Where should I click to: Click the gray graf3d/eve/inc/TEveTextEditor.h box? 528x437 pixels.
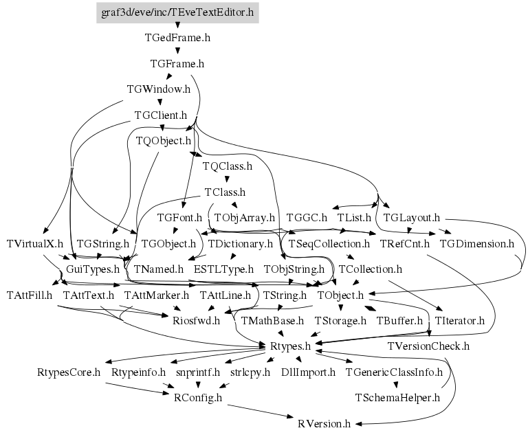coord(177,13)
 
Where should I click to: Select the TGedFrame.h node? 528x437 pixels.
coord(177,37)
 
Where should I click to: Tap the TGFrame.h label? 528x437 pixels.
coord(177,64)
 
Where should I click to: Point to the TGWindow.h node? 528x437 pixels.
coord(159,89)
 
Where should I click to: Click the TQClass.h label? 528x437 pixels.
coord(228,166)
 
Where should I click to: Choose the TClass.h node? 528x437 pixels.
coord(225,192)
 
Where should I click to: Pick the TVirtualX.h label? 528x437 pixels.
coord(34,244)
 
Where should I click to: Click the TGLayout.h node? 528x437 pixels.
coord(412,218)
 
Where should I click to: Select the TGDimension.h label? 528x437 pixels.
coord(477,244)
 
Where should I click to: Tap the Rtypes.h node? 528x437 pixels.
coord(290,346)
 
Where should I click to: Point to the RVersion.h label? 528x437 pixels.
coord(324,423)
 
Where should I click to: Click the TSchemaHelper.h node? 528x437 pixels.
coord(397,398)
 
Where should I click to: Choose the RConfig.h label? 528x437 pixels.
coord(198,398)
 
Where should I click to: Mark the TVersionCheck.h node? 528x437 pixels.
coord(428,346)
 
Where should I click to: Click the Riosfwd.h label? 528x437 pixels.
coord(197,320)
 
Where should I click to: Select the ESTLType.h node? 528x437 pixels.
coord(223,269)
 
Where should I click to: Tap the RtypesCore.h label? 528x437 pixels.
coord(69,372)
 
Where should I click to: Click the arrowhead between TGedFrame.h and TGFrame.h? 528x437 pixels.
coord(177,51)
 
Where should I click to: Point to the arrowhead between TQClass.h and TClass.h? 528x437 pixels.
coord(227,179)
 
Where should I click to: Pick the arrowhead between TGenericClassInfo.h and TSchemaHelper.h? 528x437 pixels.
coord(396,385)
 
